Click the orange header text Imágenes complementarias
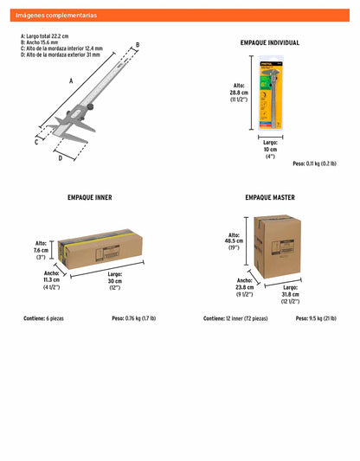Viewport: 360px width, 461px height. [56, 16]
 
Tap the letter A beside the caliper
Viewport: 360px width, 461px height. [71, 80]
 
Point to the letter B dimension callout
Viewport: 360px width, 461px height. [138, 45]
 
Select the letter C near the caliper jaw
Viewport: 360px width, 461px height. [36, 143]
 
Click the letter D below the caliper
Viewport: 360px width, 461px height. [61, 158]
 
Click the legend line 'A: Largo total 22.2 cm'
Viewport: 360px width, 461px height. [44, 36]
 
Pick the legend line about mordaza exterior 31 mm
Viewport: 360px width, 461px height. [61, 54]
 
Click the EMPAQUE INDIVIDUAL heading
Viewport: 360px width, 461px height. [270, 42]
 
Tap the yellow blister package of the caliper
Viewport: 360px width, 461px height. [271, 93]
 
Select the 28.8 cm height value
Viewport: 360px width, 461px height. [239, 93]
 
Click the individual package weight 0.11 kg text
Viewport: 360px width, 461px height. [314, 163]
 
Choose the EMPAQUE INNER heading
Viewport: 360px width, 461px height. [90, 197]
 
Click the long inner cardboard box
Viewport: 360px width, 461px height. [100, 249]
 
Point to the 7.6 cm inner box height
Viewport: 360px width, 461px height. [41, 250]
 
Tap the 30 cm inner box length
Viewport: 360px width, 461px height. [115, 281]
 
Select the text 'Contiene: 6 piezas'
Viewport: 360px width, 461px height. [43, 318]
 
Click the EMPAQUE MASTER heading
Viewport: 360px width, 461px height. [270, 197]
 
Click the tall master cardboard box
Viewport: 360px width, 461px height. [277, 247]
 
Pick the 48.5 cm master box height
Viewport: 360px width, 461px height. [235, 241]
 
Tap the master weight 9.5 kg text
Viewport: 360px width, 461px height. [316, 318]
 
